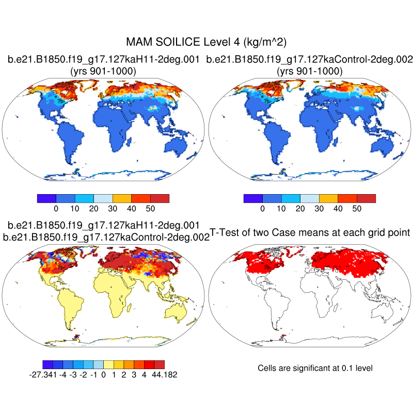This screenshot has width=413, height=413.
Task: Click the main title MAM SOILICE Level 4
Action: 206,41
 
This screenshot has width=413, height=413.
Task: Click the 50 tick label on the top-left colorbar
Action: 150,209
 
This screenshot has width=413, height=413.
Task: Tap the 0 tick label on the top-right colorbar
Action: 262,209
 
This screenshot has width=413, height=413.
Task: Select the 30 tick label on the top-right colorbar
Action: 319,209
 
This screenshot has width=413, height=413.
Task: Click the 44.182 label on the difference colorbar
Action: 163,374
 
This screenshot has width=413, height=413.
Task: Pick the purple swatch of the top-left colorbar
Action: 46,198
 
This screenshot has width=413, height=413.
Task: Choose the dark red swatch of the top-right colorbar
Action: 366,198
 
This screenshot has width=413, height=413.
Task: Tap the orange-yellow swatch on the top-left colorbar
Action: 122,198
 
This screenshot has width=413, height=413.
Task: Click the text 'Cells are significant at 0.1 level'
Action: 315,368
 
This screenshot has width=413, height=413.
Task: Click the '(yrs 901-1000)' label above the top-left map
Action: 103,71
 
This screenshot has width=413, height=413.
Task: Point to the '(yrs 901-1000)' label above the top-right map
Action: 310,71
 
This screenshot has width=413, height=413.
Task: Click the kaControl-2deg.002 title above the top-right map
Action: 309,60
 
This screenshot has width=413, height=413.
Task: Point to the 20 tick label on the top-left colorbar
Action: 93,209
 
